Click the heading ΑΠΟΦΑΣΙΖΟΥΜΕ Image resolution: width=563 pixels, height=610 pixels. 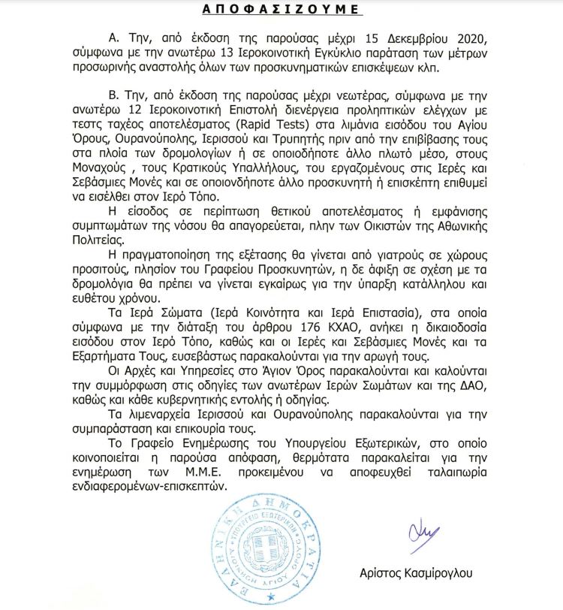click(x=281, y=10)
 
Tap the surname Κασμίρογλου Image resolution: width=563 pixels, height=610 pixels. click(x=457, y=572)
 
